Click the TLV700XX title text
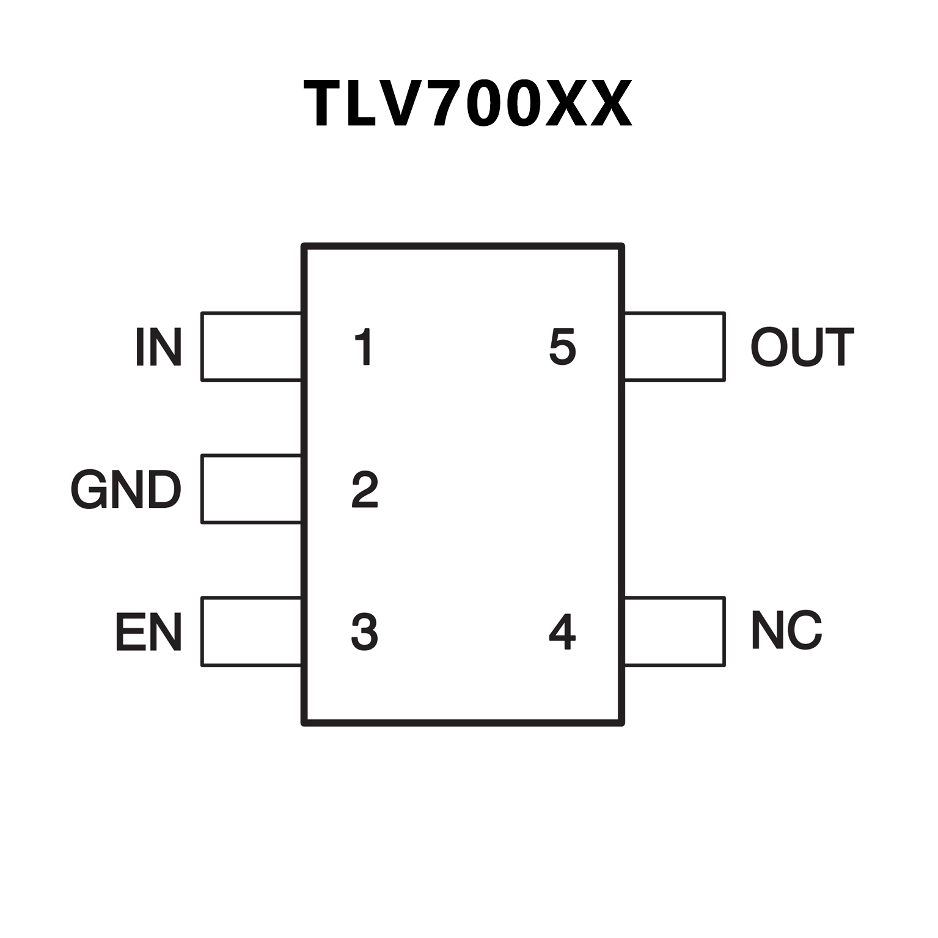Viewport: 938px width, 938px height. [x=467, y=104]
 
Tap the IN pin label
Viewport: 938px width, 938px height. [x=158, y=346]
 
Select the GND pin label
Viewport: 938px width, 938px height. [x=126, y=489]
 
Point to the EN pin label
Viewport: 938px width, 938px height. [x=148, y=631]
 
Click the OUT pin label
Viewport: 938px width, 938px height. [x=802, y=346]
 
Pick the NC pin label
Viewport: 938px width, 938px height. [x=786, y=630]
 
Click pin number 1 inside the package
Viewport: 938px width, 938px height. [x=364, y=346]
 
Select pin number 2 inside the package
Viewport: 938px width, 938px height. [x=365, y=489]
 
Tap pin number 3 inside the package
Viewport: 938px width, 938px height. [x=365, y=631]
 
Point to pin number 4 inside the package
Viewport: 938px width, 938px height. [x=562, y=631]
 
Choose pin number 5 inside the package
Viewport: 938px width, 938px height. [x=563, y=346]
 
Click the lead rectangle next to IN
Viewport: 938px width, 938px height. [x=251, y=346]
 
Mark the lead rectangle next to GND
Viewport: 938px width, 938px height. [x=251, y=489]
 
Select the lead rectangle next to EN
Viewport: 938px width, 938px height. [x=251, y=631]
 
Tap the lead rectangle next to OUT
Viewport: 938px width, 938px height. [x=675, y=346]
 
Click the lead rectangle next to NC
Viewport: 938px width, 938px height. [x=675, y=631]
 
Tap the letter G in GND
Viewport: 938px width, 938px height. [x=87, y=489]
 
